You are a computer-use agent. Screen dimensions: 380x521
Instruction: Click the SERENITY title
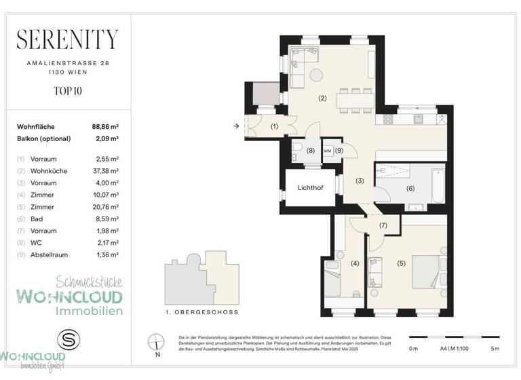[66, 39]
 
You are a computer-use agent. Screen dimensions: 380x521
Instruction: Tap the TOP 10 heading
[66, 90]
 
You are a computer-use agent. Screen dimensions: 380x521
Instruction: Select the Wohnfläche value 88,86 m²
[105, 126]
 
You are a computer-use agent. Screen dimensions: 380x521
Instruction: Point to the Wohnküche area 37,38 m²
[105, 171]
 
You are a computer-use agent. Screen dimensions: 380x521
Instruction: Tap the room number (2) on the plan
[322, 98]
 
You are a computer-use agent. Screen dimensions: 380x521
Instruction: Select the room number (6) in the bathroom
[410, 189]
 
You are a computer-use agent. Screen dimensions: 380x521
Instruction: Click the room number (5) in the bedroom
[400, 263]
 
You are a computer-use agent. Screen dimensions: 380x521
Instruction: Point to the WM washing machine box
[327, 150]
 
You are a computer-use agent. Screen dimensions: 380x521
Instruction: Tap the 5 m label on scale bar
[495, 349]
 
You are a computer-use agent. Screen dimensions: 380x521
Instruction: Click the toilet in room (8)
[296, 150]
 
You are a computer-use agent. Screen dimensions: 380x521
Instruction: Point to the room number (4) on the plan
[354, 263]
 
